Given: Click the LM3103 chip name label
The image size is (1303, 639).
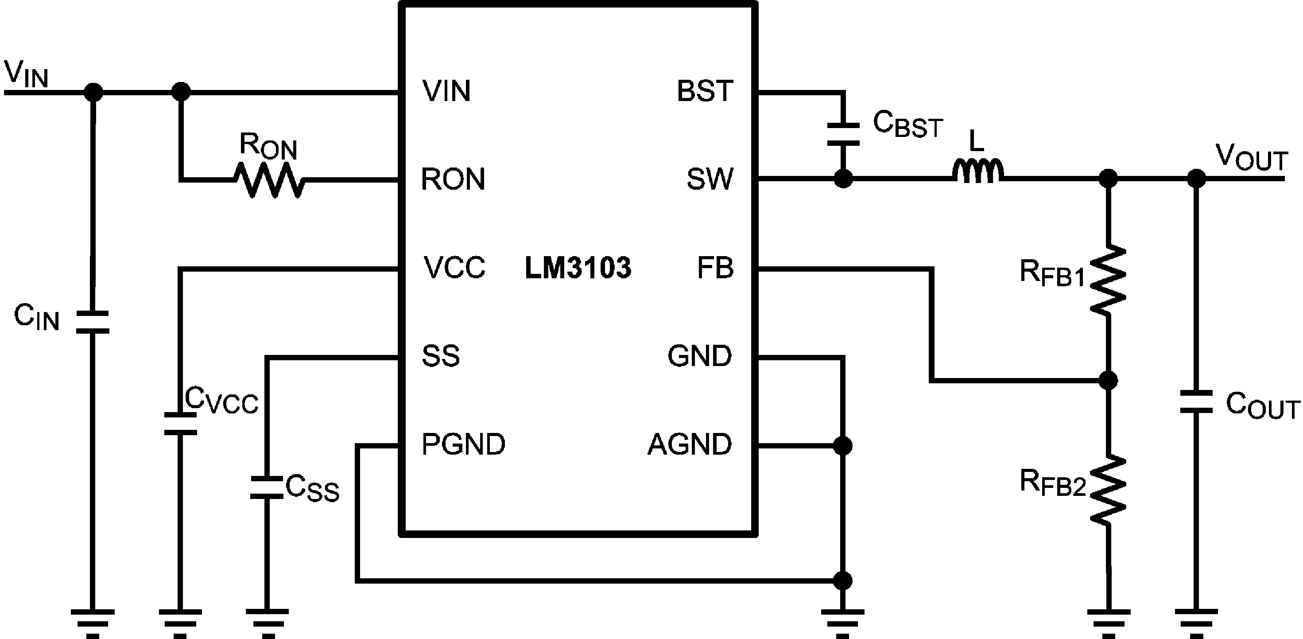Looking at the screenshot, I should (578, 268).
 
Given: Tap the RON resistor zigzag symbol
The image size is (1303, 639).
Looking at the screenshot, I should (270, 179).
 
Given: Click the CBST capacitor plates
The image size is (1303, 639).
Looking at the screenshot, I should (843, 134).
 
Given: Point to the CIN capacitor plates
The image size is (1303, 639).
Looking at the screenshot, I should (92, 322).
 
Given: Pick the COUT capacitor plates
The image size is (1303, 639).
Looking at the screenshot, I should (1196, 402).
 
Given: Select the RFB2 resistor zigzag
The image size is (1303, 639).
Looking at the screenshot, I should (1108, 490).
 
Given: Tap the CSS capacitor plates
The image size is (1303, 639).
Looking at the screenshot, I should (267, 487).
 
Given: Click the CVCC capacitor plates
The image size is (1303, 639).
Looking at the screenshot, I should (180, 424).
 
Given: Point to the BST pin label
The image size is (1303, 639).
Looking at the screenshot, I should (705, 92).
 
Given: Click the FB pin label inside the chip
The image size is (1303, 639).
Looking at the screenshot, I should (715, 268).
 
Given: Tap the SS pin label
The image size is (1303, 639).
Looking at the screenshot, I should (441, 356).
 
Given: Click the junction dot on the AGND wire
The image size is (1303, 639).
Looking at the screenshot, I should (842, 446).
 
